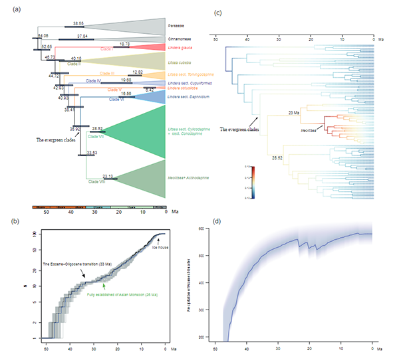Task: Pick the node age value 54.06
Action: click(43, 35)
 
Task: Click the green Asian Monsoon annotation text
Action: click(117, 294)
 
